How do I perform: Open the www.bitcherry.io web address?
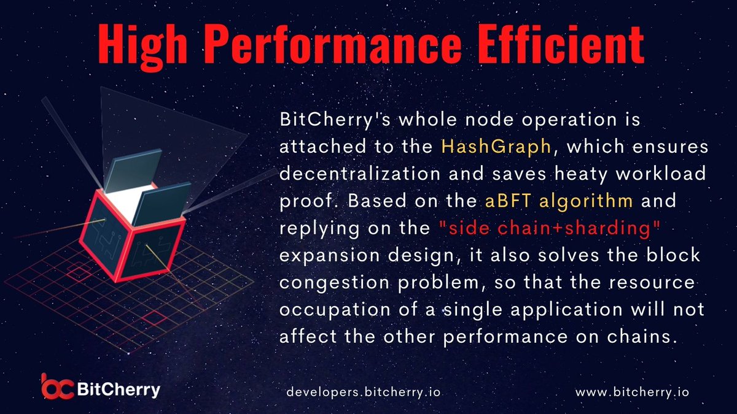[633, 391]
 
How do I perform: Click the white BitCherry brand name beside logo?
[120, 389]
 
